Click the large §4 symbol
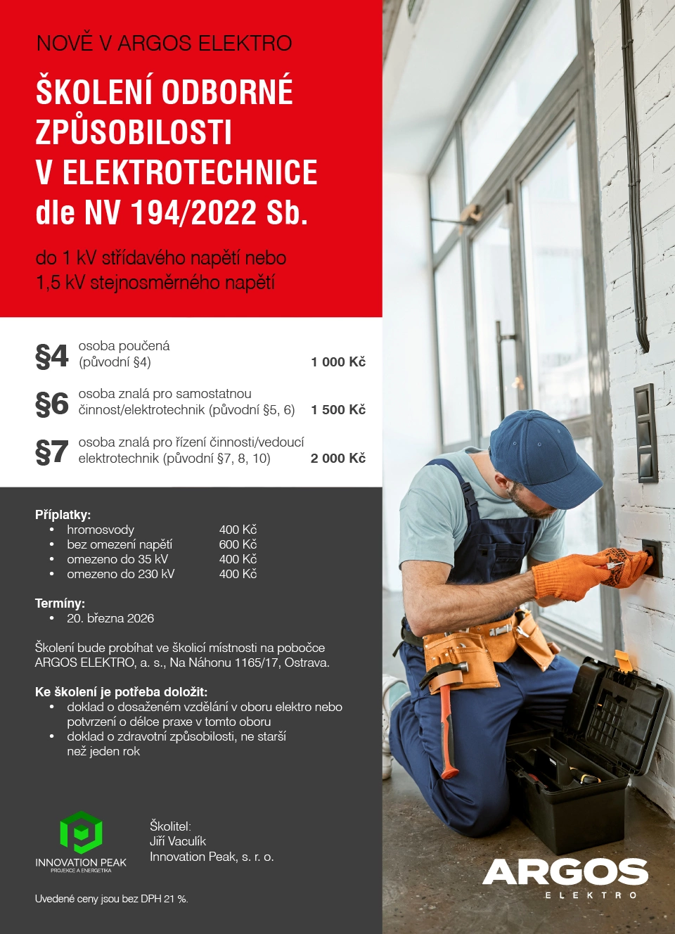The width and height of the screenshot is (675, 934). pyautogui.click(x=51, y=356)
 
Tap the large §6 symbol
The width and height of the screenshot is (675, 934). pyautogui.click(x=51, y=404)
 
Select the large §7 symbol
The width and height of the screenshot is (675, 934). pyautogui.click(x=51, y=452)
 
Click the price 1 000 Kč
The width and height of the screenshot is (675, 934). pyautogui.click(x=338, y=362)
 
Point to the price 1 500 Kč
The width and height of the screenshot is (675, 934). pyautogui.click(x=338, y=410)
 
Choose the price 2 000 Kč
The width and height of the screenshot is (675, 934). pyautogui.click(x=338, y=459)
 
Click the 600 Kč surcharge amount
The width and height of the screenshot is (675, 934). pyautogui.click(x=238, y=544)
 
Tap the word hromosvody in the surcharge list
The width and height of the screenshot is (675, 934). pyautogui.click(x=101, y=530)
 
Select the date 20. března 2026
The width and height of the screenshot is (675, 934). pyautogui.click(x=110, y=618)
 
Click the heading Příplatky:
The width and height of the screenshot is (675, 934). pyautogui.click(x=63, y=515)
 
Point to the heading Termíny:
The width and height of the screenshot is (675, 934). pyautogui.click(x=60, y=603)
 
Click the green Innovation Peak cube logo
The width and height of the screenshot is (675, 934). pyautogui.click(x=81, y=833)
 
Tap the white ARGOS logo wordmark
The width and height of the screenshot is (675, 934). pyautogui.click(x=565, y=872)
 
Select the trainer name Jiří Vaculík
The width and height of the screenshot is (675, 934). pyautogui.click(x=178, y=841)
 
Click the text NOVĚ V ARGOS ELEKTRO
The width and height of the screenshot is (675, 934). pyautogui.click(x=164, y=44)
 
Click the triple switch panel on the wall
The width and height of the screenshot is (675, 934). pyautogui.click(x=645, y=433)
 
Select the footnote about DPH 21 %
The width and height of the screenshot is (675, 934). pyautogui.click(x=112, y=899)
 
